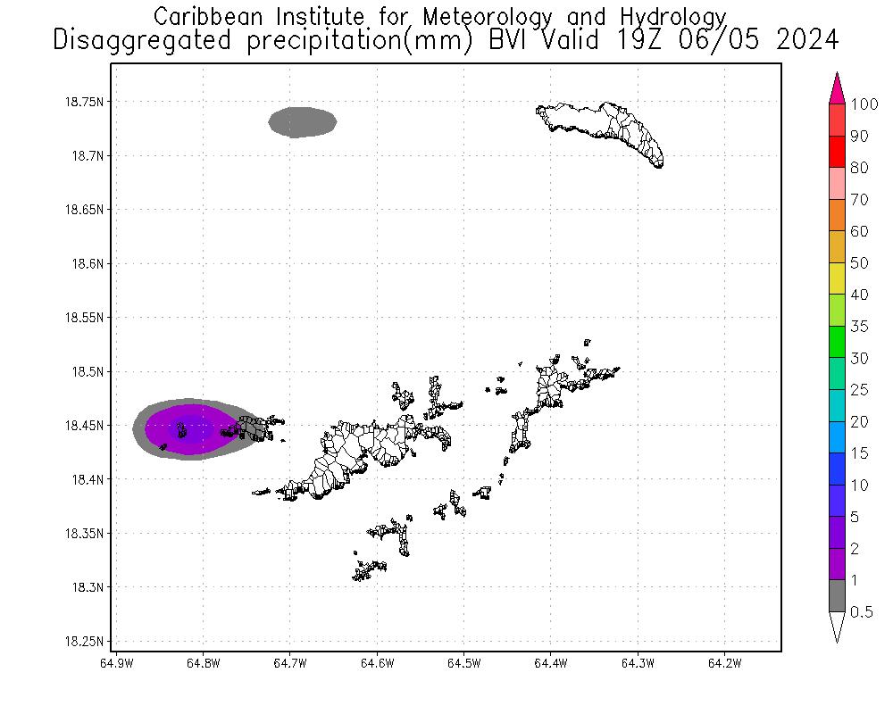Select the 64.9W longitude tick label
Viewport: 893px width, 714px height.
117,663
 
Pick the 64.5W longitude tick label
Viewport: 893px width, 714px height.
463,663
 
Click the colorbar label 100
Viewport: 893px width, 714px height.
865,104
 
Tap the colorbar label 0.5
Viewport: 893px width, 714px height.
862,612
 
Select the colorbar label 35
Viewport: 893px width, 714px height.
860,327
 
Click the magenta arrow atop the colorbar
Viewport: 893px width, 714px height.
837,88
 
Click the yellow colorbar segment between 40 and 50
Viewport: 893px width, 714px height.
837,279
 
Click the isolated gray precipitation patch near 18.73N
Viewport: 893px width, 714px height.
303,122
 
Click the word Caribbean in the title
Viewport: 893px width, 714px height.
209,16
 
